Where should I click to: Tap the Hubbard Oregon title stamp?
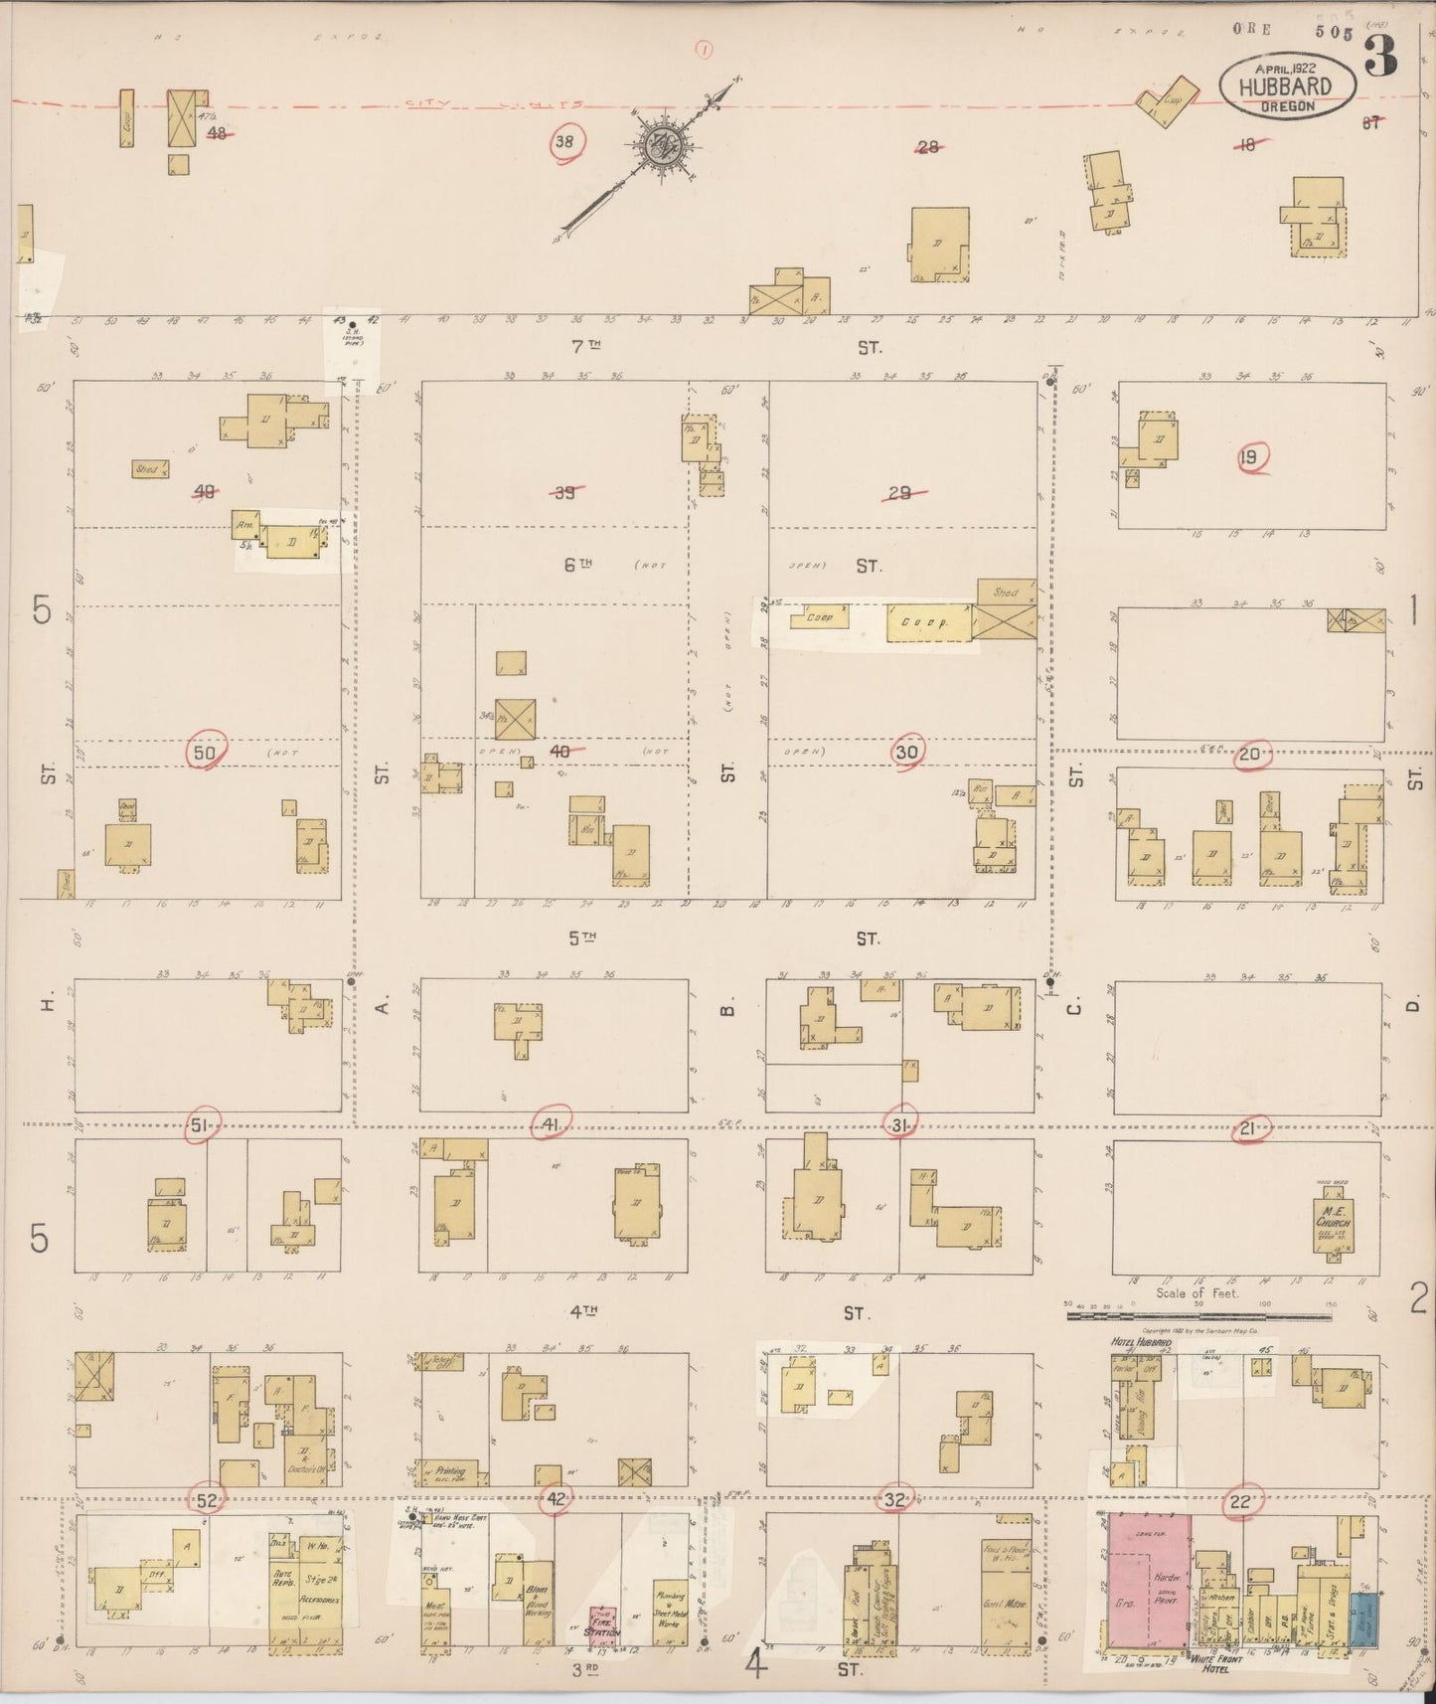click(1288, 85)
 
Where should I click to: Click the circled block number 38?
click(564, 142)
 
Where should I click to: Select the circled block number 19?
click(1249, 458)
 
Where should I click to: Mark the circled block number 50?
click(205, 753)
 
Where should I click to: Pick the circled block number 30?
click(906, 753)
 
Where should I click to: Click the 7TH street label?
click(582, 347)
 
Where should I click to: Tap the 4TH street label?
click(582, 1312)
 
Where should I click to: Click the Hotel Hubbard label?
click(1139, 1343)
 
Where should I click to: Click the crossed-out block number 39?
click(563, 492)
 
